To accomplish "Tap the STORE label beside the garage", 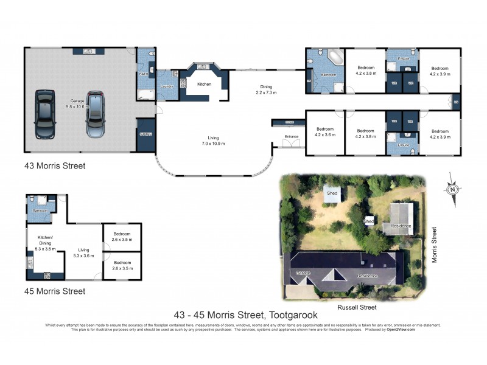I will click(x=145, y=134).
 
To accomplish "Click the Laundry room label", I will click(x=167, y=86).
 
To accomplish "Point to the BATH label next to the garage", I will click(x=144, y=74).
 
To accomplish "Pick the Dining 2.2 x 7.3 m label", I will click(x=267, y=89).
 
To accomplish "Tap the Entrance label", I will click(x=291, y=136).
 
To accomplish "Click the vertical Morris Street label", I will click(x=434, y=245).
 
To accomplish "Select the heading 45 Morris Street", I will click(x=55, y=291).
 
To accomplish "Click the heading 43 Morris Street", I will click(x=55, y=165).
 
